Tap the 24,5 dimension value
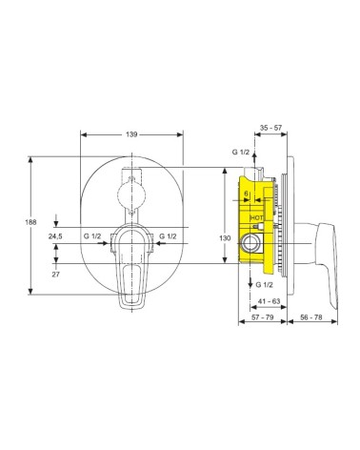(55, 236)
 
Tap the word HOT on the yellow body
(257, 218)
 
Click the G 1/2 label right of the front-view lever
(169, 236)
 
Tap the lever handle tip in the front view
(131, 303)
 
